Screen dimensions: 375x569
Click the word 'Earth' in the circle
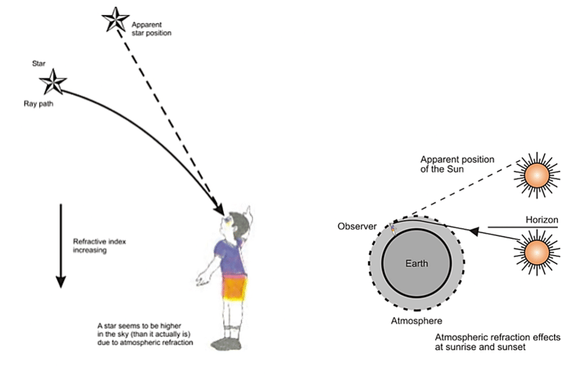point(417,263)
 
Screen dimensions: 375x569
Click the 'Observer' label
point(356,225)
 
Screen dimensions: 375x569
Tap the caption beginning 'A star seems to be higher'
point(144,334)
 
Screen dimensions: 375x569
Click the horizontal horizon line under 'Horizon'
point(532,227)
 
